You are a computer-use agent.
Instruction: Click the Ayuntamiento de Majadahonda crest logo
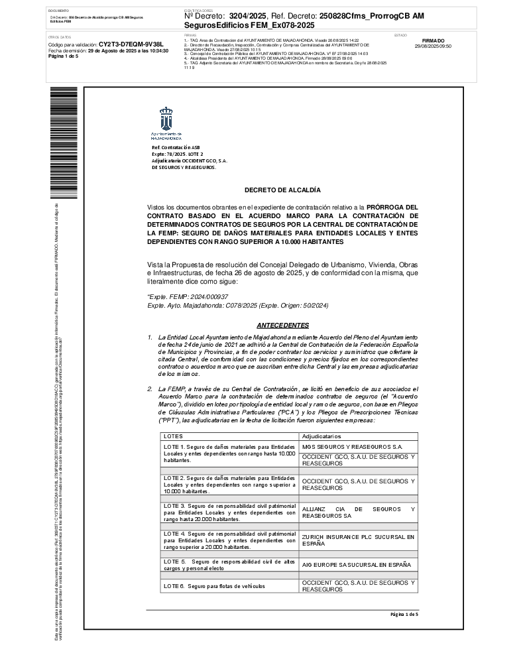167,121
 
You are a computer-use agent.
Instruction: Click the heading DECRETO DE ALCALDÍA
282,190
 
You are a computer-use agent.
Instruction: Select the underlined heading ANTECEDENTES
282,326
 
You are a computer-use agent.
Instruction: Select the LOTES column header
173,436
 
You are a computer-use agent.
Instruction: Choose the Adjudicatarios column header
321,436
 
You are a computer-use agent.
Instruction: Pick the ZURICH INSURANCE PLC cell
358,540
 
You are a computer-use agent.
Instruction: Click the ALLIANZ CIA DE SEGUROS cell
358,512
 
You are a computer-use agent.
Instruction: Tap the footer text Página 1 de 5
404,615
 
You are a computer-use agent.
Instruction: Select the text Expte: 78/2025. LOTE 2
178,154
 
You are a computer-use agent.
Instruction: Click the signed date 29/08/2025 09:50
432,46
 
